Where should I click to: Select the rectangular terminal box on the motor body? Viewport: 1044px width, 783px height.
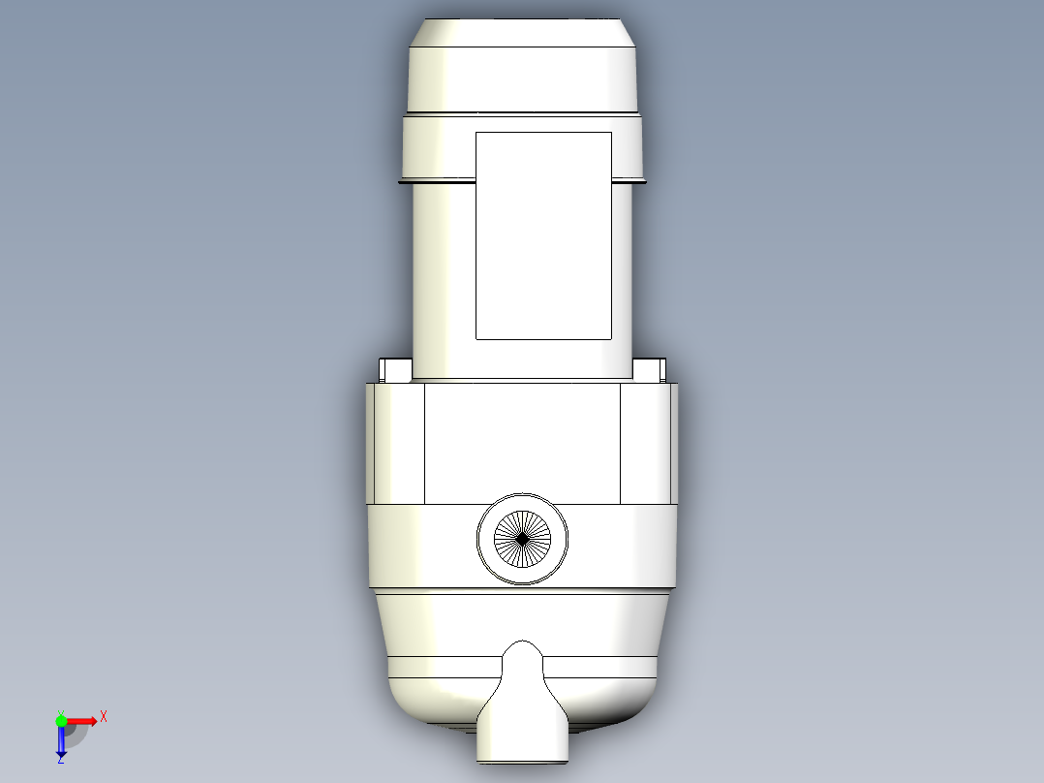(x=543, y=235)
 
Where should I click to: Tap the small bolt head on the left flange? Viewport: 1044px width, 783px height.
(x=395, y=369)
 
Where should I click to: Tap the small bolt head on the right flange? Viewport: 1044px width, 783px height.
(x=650, y=369)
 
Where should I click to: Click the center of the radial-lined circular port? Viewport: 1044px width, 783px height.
(x=523, y=538)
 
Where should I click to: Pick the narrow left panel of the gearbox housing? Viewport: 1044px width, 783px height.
(x=396, y=443)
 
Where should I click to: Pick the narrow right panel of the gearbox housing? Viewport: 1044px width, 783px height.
(x=646, y=443)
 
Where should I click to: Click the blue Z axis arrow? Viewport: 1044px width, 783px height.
(x=61, y=744)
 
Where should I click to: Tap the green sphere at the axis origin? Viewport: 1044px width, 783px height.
(x=61, y=720)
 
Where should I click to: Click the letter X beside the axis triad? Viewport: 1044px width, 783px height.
(x=104, y=716)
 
